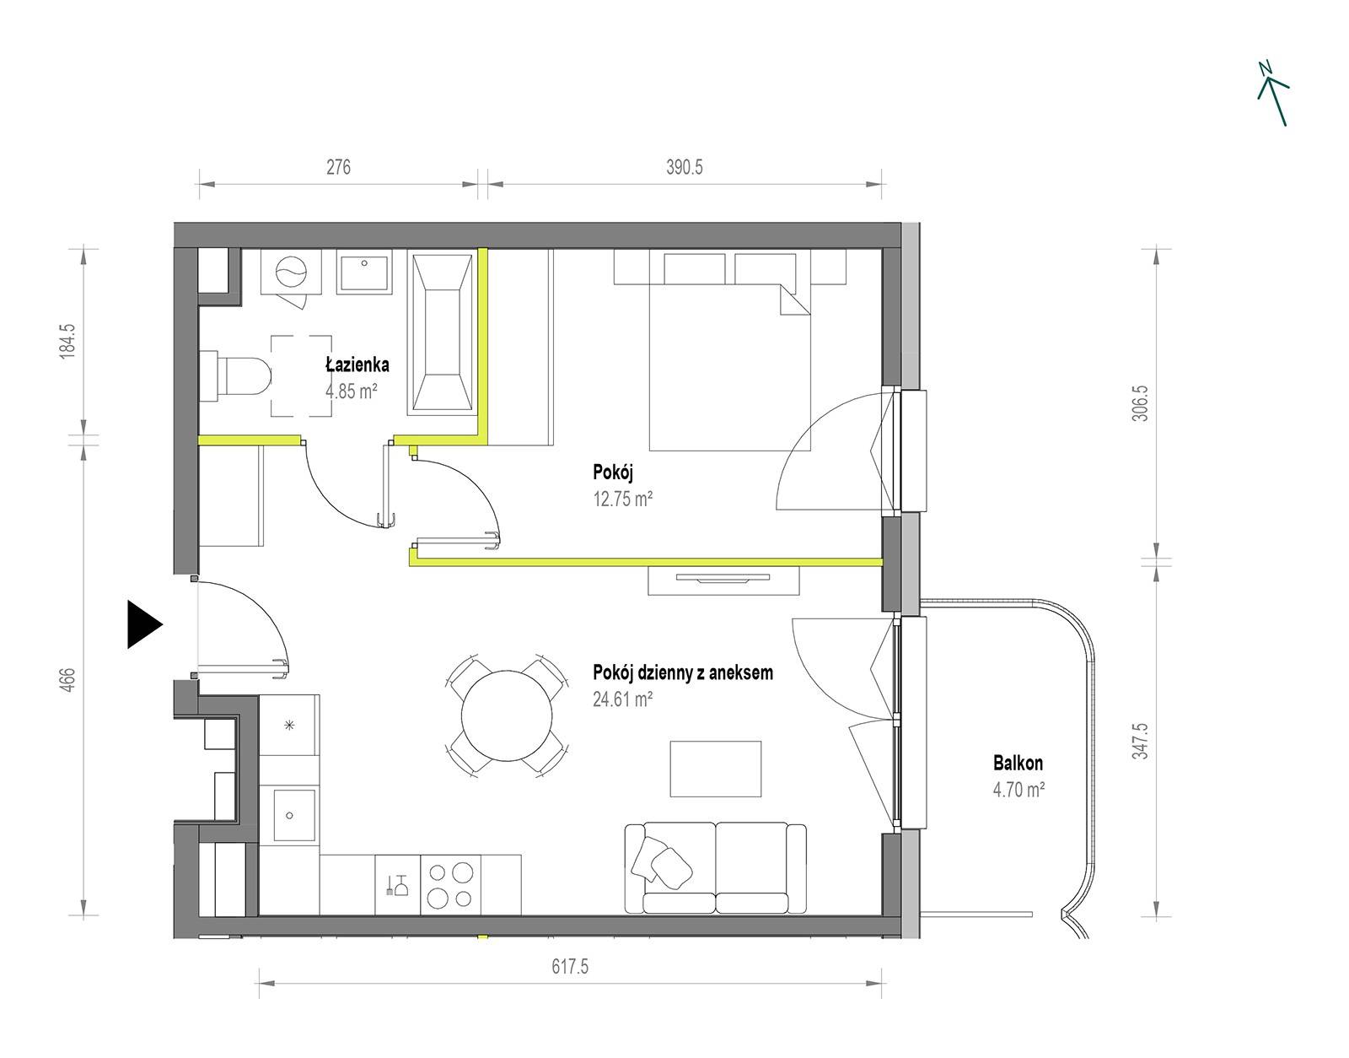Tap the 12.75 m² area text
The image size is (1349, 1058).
click(x=623, y=499)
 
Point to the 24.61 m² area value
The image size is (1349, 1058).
click(x=623, y=699)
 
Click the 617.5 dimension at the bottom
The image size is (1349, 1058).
click(x=570, y=967)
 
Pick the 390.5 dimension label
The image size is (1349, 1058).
click(x=685, y=167)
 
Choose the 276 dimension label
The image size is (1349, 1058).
click(x=338, y=167)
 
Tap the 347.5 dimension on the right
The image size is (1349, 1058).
click(x=1141, y=741)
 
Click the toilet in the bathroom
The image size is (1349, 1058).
click(x=236, y=375)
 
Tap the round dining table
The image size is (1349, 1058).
click(x=507, y=715)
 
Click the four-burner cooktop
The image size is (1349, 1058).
click(x=451, y=885)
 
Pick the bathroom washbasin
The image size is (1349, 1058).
click(x=364, y=272)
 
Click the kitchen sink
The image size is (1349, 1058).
click(x=288, y=814)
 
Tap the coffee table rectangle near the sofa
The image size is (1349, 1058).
click(x=715, y=769)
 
